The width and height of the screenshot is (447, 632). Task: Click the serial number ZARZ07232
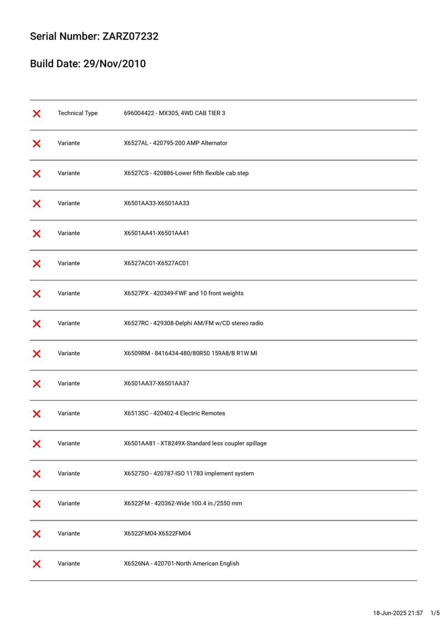[130, 37]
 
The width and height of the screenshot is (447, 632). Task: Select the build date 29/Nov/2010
[114, 64]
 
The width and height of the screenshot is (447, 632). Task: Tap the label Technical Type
[77, 113]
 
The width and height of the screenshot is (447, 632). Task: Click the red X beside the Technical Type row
[37, 114]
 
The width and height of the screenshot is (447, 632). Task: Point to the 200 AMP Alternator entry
[176, 143]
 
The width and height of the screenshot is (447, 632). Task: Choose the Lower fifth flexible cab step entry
[186, 173]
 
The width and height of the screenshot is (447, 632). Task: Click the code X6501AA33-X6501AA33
[156, 203]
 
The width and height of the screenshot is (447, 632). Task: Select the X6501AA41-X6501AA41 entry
[156, 233]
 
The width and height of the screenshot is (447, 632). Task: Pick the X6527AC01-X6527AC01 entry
[156, 263]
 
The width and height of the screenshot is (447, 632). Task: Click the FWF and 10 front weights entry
[183, 293]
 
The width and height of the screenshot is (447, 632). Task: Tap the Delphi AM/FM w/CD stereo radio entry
[193, 324]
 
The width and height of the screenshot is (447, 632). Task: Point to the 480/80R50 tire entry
[190, 354]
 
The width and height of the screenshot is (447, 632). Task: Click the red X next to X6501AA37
[37, 384]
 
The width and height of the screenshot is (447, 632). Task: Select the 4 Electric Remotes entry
[174, 414]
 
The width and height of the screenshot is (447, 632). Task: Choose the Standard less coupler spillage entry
[195, 444]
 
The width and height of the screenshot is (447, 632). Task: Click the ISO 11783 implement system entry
[188, 474]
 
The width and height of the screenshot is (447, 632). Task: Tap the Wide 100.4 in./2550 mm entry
[183, 504]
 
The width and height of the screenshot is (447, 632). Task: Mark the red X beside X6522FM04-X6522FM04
[37, 534]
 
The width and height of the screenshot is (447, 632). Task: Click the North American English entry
[181, 564]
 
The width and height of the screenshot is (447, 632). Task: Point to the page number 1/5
[435, 613]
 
